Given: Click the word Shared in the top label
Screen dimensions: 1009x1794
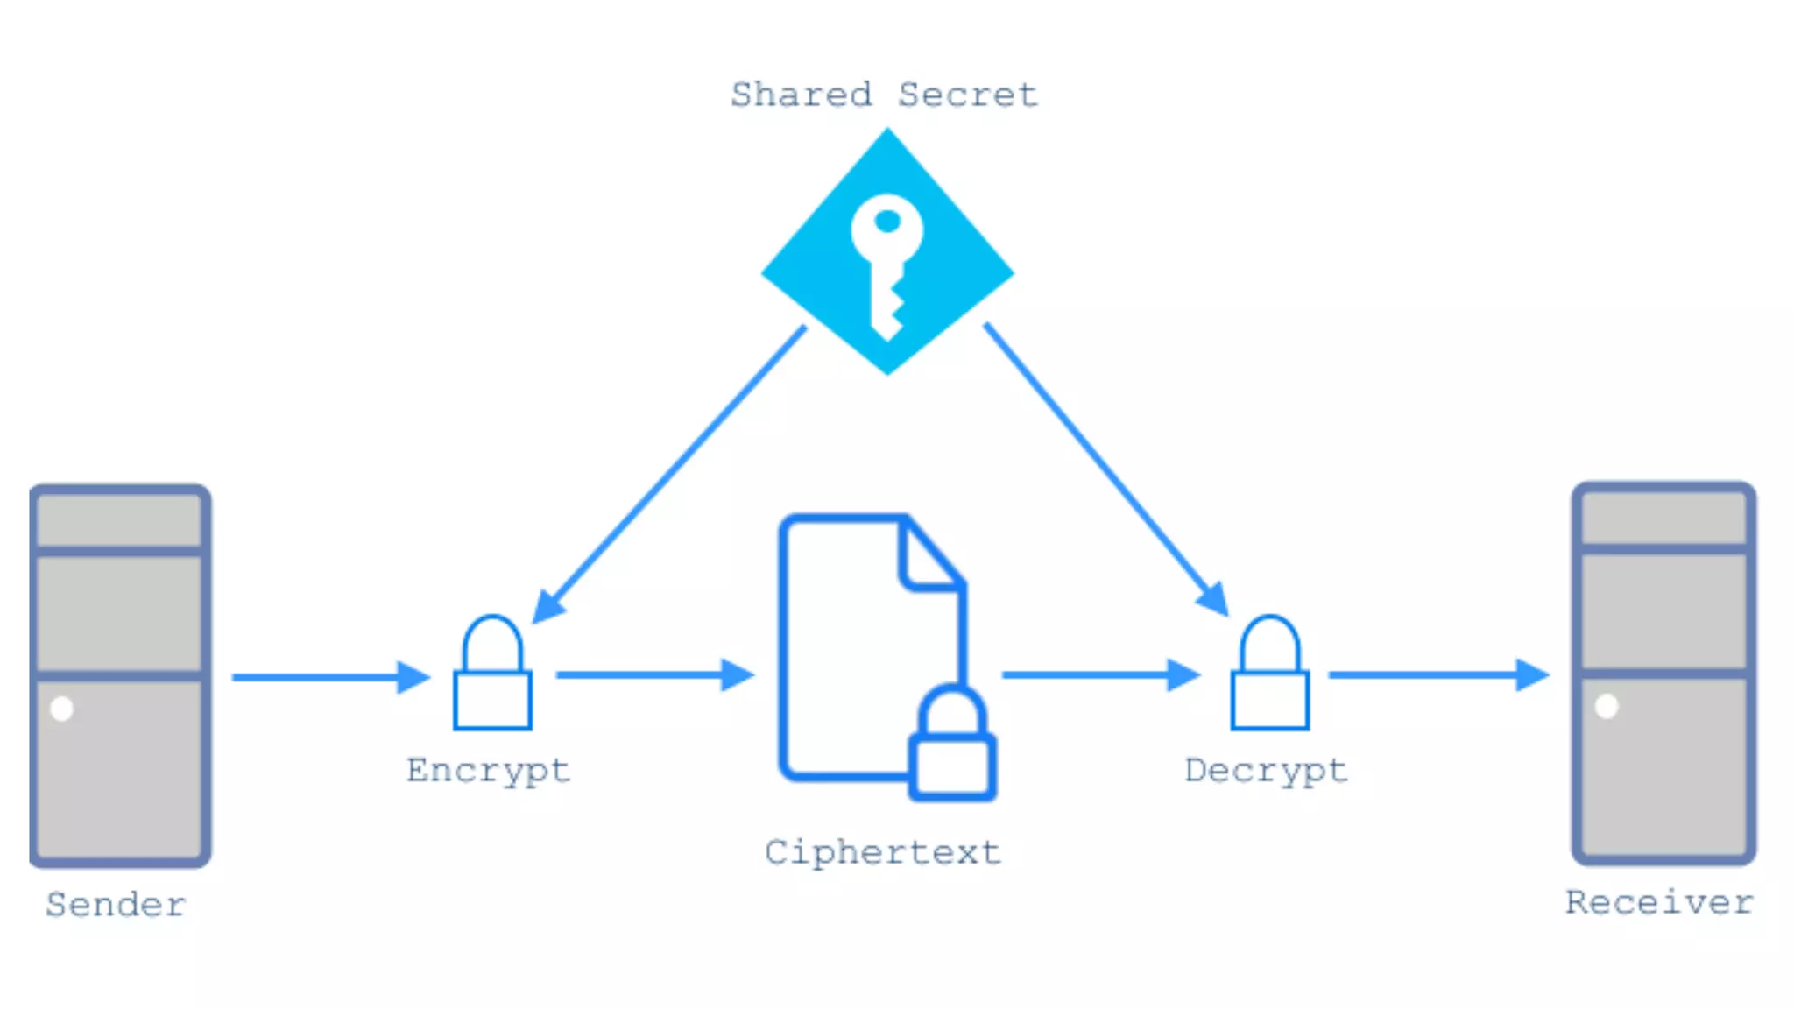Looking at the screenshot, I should (x=801, y=95).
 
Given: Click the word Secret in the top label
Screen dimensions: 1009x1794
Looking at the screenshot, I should (x=967, y=95).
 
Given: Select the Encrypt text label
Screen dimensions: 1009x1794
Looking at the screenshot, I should (x=488, y=772).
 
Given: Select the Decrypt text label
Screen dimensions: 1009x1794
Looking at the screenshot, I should (x=1266, y=772).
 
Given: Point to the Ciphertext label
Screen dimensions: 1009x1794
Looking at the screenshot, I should (x=882, y=853).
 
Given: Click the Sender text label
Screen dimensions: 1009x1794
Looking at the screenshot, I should (x=116, y=905).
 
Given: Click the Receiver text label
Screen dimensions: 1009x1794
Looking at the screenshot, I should (x=1659, y=903).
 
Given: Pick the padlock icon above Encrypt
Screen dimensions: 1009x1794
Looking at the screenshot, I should (x=492, y=674).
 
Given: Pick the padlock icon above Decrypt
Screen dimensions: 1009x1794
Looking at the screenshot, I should (x=1269, y=674).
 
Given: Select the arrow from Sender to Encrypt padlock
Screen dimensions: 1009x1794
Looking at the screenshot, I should (x=328, y=677).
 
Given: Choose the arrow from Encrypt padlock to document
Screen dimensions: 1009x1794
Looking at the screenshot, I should (x=653, y=675).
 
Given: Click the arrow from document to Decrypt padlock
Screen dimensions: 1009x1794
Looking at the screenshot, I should (x=1099, y=675).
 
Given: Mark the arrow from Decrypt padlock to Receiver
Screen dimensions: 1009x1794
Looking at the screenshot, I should (x=1437, y=675).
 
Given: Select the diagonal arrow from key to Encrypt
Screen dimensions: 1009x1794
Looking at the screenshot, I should (x=670, y=474).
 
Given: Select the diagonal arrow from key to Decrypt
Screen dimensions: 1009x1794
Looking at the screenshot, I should (x=1105, y=469).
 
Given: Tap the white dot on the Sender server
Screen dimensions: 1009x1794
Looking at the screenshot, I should (x=62, y=708).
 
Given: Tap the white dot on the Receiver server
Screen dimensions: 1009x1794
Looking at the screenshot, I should (x=1607, y=706).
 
